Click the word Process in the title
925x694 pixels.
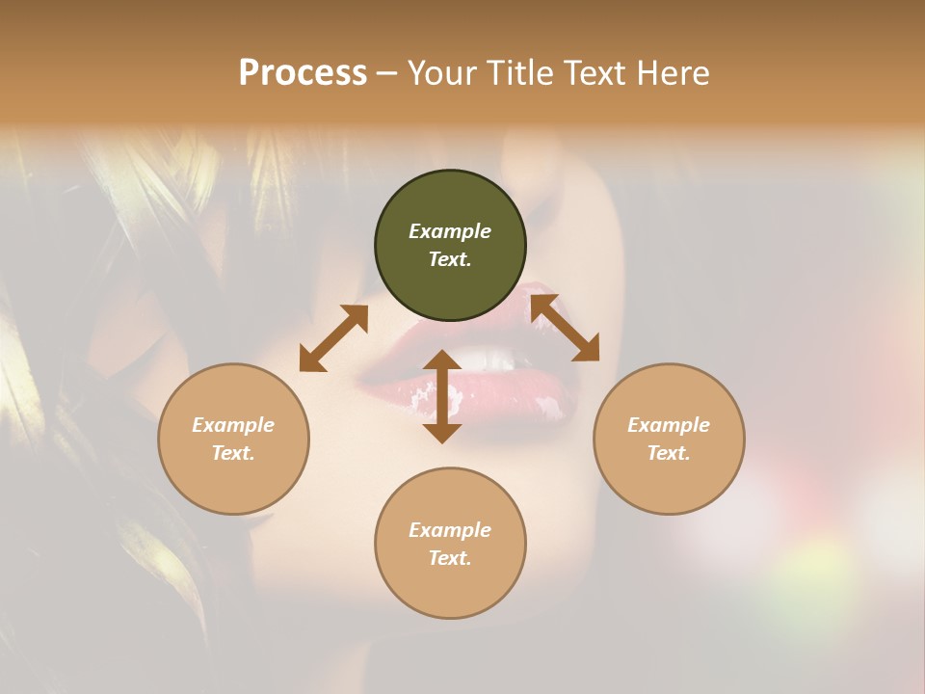[x=303, y=73]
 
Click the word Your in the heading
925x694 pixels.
[x=439, y=73]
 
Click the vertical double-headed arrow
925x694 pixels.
[x=442, y=396]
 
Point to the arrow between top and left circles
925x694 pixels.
[x=333, y=337]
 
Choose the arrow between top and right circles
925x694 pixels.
[x=565, y=328]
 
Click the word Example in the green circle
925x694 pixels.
[x=450, y=231]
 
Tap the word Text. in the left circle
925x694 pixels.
[x=233, y=453]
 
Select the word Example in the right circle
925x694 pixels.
[x=669, y=425]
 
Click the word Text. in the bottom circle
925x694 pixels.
[x=450, y=558]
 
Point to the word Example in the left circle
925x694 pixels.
[x=233, y=425]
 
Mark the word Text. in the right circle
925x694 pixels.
[x=669, y=453]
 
